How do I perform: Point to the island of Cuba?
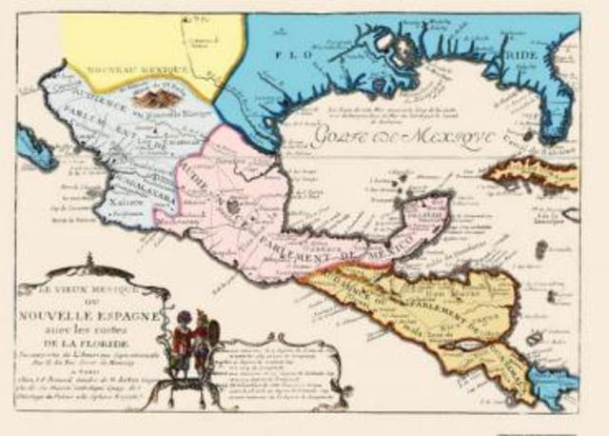coord(532,174)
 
